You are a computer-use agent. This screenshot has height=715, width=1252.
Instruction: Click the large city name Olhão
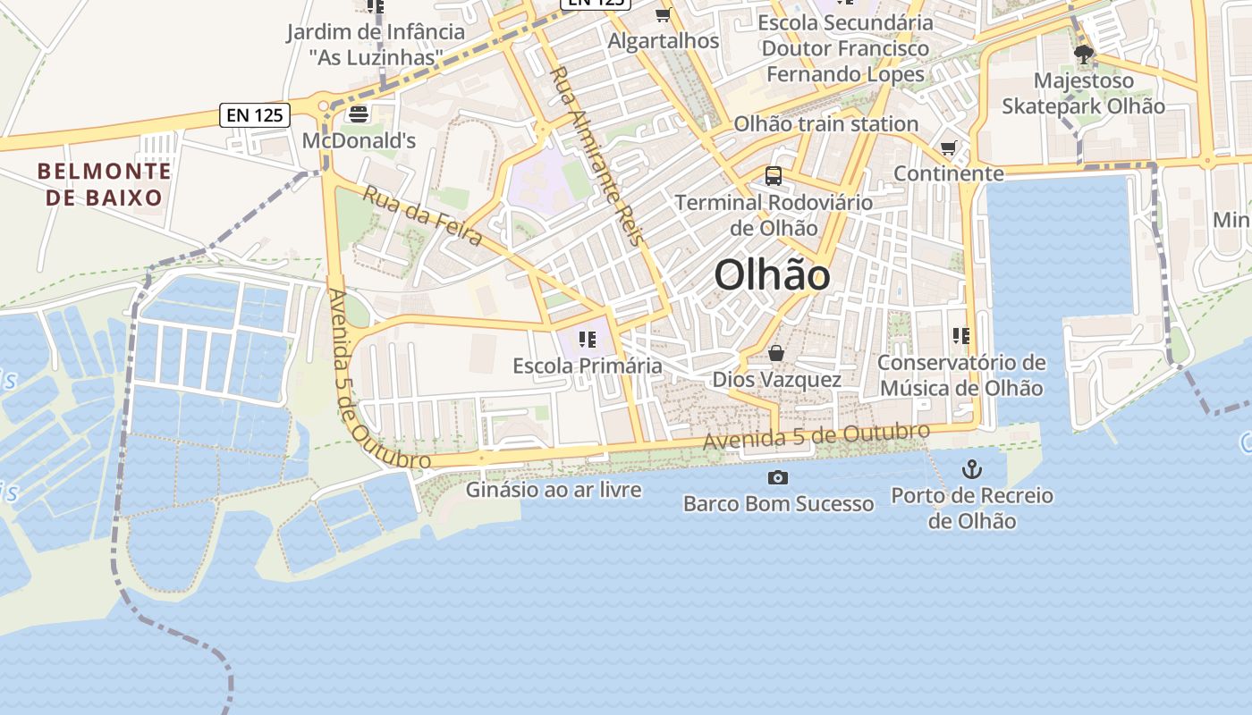point(772,274)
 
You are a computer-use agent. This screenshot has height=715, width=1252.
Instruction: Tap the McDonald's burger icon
point(359,114)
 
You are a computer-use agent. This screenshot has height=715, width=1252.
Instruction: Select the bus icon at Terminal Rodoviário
point(774,176)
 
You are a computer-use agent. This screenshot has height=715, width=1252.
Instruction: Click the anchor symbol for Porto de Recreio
point(971,469)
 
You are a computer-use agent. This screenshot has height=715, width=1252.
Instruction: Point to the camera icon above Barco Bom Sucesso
point(778,478)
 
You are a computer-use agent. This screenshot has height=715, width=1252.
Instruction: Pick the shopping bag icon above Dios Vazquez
point(776,354)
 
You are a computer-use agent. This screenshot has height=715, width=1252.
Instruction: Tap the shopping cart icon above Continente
point(948,147)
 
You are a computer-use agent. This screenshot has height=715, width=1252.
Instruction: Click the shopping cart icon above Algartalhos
point(663,15)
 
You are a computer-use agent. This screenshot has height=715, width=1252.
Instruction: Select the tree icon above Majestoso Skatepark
point(1083,55)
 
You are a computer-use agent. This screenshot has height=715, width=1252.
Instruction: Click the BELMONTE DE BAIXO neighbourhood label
point(105,184)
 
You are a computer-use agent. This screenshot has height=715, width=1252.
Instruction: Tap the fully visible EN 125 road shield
point(255,114)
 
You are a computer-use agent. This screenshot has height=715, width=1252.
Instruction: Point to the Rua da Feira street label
point(422,215)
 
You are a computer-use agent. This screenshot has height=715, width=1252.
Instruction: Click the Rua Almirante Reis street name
point(596,156)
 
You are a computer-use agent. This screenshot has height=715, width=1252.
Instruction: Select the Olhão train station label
point(825,123)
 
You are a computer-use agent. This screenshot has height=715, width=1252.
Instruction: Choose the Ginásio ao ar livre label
point(554,489)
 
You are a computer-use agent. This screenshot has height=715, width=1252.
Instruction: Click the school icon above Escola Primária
point(587,340)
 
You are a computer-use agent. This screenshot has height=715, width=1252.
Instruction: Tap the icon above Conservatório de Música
point(961,336)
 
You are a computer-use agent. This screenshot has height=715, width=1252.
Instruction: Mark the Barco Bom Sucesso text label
point(778,503)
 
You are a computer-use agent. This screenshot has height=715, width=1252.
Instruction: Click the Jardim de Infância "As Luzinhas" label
point(376,45)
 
